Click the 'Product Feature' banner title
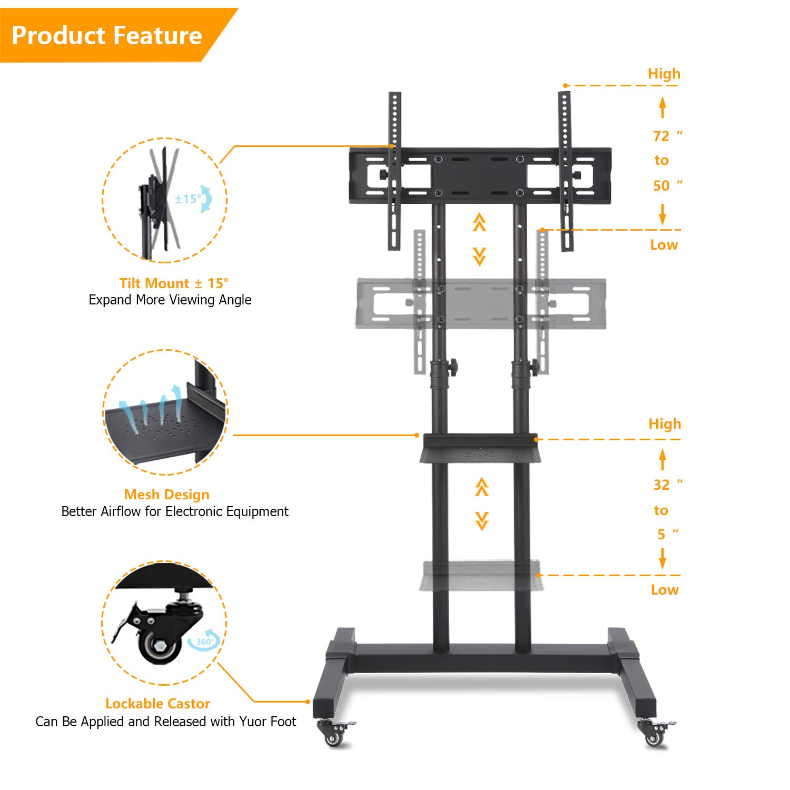click(107, 35)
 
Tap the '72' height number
click(661, 136)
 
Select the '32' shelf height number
click(661, 485)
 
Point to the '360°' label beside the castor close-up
click(205, 641)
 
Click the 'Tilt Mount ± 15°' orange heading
click(174, 283)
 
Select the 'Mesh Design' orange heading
click(166, 495)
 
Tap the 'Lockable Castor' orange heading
click(157, 704)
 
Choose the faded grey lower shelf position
click(479, 576)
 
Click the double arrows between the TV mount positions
click(479, 240)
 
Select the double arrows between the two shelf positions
click(481, 504)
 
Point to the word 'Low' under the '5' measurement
click(665, 590)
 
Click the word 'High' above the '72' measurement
click(664, 74)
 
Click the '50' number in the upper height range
click(661, 186)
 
